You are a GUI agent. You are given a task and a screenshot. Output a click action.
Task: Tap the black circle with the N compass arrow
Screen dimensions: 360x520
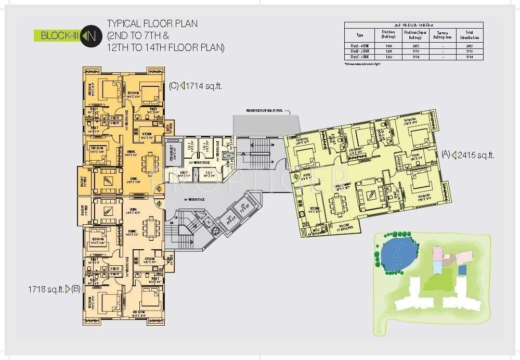[90, 36]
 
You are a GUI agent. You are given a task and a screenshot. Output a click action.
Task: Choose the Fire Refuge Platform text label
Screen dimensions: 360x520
[265, 110]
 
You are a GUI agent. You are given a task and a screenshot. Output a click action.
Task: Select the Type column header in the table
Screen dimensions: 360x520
[360, 35]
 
